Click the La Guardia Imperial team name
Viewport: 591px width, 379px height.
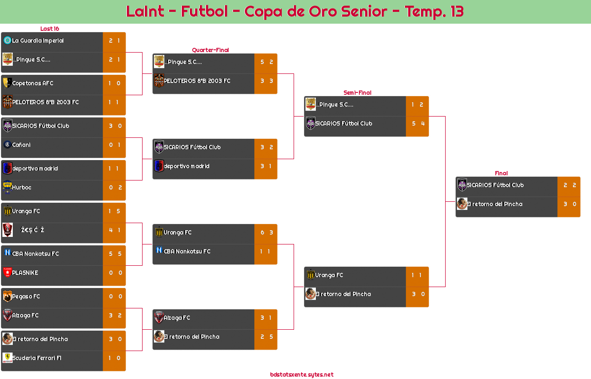coord(38,41)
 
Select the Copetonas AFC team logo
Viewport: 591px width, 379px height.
coord(7,83)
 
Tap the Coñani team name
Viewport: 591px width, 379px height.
coord(21,145)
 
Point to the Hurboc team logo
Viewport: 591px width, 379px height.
coord(7,188)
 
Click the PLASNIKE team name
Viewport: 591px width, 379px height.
coord(25,273)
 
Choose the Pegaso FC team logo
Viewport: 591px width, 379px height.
coord(7,297)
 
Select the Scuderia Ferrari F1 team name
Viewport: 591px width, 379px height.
coord(37,358)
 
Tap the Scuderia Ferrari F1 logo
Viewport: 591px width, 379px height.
coord(7,358)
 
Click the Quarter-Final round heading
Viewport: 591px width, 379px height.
coord(210,50)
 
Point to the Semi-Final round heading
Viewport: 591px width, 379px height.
coord(357,93)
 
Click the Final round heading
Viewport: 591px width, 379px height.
coord(501,173)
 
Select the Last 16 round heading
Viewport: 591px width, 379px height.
coord(49,29)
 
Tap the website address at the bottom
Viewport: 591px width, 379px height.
coord(302,375)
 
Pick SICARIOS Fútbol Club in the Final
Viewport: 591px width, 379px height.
coord(495,185)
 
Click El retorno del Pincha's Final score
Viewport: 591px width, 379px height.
coord(569,204)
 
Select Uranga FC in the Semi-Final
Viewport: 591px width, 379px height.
coord(329,275)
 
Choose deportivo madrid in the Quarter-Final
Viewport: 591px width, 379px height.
coord(187,166)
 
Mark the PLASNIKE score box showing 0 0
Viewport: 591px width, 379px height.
coord(115,273)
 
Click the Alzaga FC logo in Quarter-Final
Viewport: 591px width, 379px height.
coord(159,318)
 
